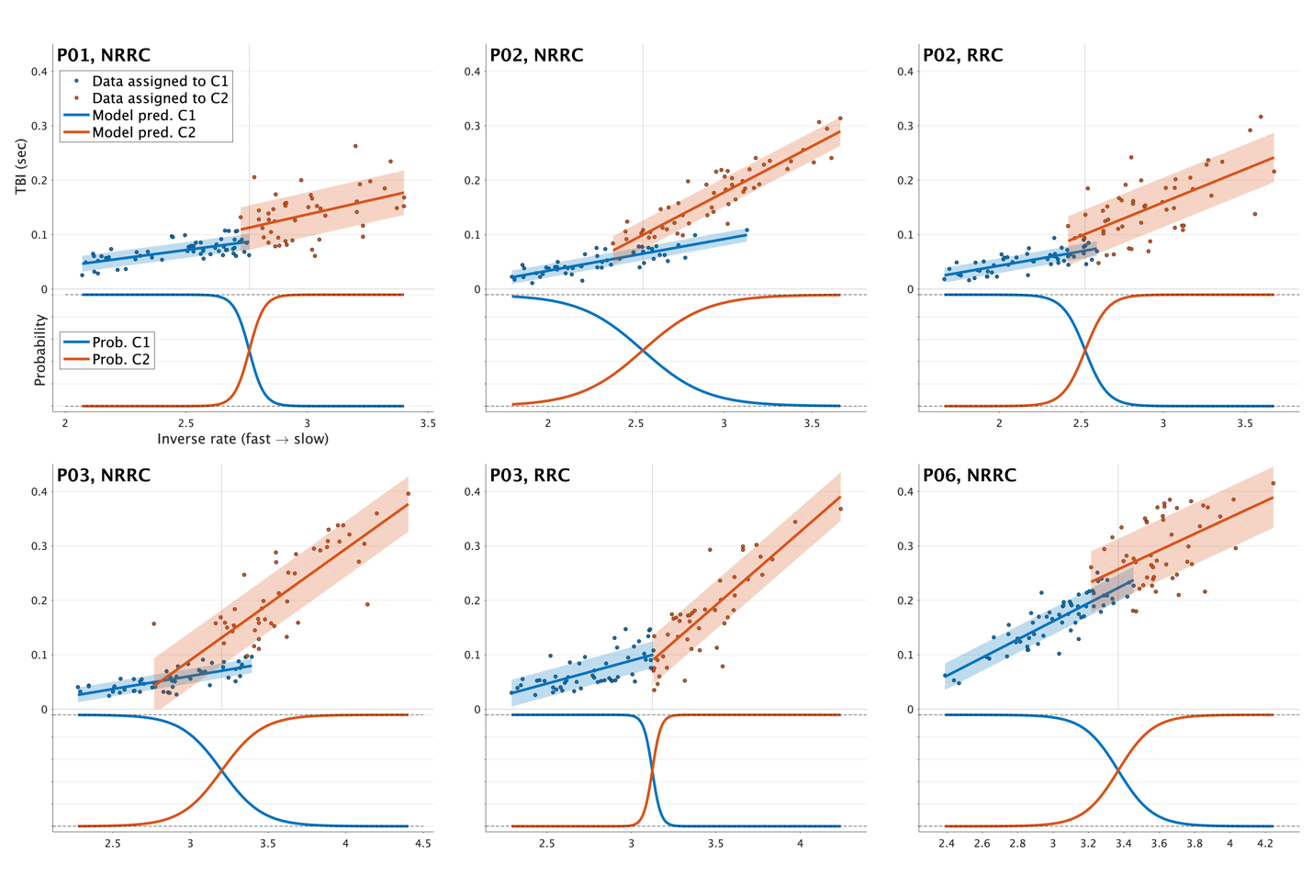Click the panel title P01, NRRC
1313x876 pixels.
tap(103, 55)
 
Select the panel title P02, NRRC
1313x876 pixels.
tap(536, 55)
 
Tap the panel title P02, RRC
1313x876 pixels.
tap(962, 55)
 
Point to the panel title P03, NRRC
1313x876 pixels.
tap(103, 475)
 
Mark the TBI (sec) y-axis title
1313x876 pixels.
tap(20, 166)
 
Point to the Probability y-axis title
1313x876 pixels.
tap(39, 350)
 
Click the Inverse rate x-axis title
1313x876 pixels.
tap(242, 439)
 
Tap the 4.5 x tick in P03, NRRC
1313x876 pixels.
tap(422, 843)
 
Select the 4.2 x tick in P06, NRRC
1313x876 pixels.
tap(1264, 843)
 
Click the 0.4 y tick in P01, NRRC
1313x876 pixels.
tap(39, 72)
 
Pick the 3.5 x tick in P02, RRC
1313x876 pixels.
tap(1244, 423)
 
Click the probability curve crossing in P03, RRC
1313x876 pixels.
tap(652, 770)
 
